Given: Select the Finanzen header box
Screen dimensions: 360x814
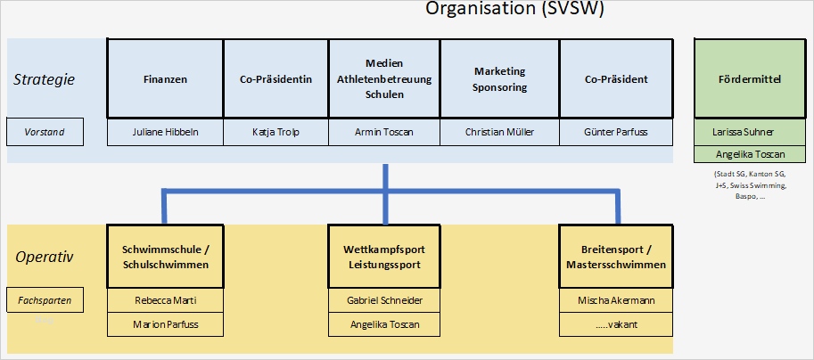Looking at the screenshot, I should [165, 78].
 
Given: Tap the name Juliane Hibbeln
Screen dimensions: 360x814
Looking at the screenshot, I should [165, 133].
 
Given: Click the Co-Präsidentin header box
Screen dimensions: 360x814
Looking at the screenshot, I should [275, 78].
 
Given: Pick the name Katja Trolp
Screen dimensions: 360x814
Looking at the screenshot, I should [275, 133].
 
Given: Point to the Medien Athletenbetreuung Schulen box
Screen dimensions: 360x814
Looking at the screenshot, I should [384, 78].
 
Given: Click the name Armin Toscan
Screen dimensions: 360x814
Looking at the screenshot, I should [384, 133].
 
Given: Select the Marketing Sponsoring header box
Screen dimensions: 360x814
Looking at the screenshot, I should [500, 78].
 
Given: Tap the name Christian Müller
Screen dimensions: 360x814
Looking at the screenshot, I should [500, 133].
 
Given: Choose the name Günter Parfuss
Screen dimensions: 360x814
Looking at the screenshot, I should [616, 133].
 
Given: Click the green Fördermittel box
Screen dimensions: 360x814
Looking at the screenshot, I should [749, 78].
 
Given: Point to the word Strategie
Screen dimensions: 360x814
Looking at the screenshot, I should [44, 79].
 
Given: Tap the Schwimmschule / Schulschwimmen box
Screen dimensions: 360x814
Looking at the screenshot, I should [165, 258].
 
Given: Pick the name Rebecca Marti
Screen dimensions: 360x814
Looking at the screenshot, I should [165, 300].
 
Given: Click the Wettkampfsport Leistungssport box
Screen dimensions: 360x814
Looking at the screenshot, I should [384, 258].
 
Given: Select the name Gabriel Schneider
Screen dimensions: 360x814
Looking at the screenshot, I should [384, 300].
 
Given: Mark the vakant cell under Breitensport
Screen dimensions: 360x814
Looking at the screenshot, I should [616, 324].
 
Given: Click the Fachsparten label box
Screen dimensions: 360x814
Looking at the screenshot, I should [45, 300].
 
